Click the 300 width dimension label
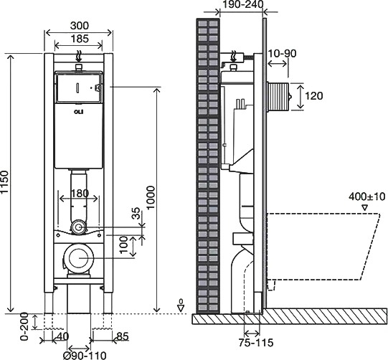(x=80, y=26)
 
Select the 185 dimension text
(x=80, y=39)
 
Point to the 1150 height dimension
(x=5, y=182)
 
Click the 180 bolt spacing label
(x=80, y=193)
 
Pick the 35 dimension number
(x=136, y=214)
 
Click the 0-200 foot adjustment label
(x=24, y=326)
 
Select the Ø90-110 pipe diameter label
(x=85, y=355)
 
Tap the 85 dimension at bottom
(x=123, y=336)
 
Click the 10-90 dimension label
(x=282, y=53)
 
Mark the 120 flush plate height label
(x=313, y=96)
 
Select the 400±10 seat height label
(x=367, y=196)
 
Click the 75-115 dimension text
(x=256, y=343)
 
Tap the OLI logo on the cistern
(x=79, y=112)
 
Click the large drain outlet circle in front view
(x=79, y=258)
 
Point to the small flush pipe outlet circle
(x=79, y=227)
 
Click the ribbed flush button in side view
(x=278, y=97)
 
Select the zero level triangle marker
(x=181, y=308)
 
